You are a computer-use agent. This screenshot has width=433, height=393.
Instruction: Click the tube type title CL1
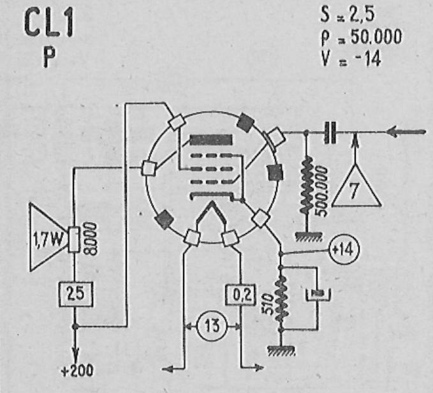click(x=49, y=24)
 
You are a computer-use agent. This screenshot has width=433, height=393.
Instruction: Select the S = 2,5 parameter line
click(x=348, y=14)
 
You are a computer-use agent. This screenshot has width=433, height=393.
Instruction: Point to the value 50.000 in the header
click(x=376, y=36)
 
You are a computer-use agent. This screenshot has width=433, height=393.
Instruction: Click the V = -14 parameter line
click(x=351, y=58)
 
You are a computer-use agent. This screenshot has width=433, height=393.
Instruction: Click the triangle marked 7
click(x=356, y=186)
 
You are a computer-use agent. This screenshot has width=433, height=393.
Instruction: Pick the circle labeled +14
click(x=344, y=249)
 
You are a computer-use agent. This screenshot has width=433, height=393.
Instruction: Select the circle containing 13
click(x=212, y=325)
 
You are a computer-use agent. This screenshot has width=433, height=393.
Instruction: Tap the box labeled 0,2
click(x=240, y=294)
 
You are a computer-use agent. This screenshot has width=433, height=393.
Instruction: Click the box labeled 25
click(x=76, y=294)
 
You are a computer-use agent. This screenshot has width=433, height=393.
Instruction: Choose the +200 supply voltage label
click(x=77, y=371)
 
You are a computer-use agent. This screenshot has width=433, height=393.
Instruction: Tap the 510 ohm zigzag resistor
click(x=281, y=299)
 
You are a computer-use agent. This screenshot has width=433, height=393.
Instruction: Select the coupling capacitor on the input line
click(x=330, y=133)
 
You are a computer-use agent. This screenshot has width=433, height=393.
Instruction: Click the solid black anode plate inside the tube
click(x=211, y=140)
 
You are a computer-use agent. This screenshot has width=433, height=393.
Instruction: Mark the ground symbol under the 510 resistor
click(x=281, y=350)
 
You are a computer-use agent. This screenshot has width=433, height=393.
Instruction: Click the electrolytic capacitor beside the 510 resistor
click(x=318, y=294)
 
